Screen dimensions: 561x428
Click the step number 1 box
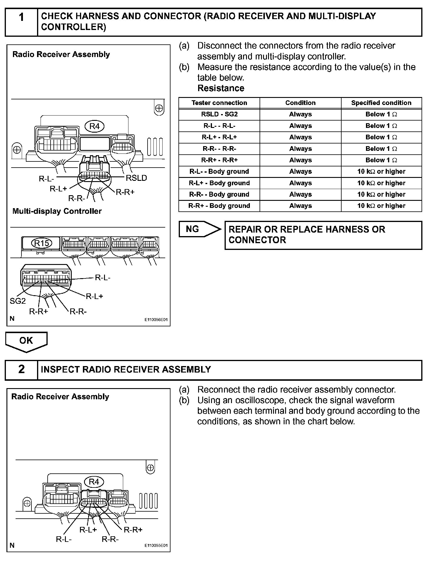click(x=21, y=22)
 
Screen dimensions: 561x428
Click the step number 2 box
click(x=21, y=370)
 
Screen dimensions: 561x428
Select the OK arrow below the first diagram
click(x=26, y=341)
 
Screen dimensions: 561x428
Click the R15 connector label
click(x=41, y=243)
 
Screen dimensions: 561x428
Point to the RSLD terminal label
click(x=136, y=178)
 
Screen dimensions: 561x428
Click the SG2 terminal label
click(x=18, y=301)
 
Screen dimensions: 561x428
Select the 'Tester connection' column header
click(x=219, y=103)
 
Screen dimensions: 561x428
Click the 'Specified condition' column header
click(x=381, y=103)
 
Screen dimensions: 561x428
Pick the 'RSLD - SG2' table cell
click(x=219, y=114)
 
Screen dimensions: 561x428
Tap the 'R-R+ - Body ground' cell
click(x=219, y=206)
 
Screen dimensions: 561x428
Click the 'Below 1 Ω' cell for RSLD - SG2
click(x=381, y=114)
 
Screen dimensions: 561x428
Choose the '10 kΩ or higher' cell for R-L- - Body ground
click(x=381, y=171)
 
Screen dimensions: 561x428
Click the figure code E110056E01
click(x=156, y=320)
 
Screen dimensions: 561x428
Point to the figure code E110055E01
click(x=156, y=545)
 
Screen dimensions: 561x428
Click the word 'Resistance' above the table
click(x=221, y=88)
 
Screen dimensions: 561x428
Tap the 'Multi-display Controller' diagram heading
click(x=57, y=211)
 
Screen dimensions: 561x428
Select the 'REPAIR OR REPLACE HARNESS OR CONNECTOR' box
click(x=323, y=235)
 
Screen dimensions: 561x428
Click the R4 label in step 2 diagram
click(x=94, y=482)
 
